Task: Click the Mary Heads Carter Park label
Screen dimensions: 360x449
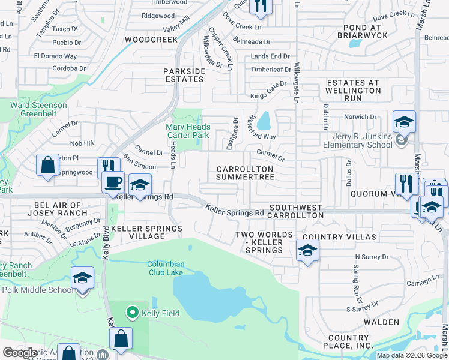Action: (188, 131)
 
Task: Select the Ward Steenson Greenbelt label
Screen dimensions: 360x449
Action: (38, 109)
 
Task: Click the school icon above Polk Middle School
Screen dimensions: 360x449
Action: (82, 278)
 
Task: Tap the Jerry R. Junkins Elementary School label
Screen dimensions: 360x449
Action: (358, 140)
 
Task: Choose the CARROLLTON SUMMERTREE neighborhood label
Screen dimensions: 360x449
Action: (245, 173)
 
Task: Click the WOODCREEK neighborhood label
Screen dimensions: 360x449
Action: (151, 40)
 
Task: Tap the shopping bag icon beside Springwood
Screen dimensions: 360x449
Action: (47, 165)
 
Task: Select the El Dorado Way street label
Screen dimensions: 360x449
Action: (55, 56)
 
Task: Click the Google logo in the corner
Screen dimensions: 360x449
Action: (20, 353)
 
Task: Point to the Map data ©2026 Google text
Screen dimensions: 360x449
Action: (411, 355)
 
